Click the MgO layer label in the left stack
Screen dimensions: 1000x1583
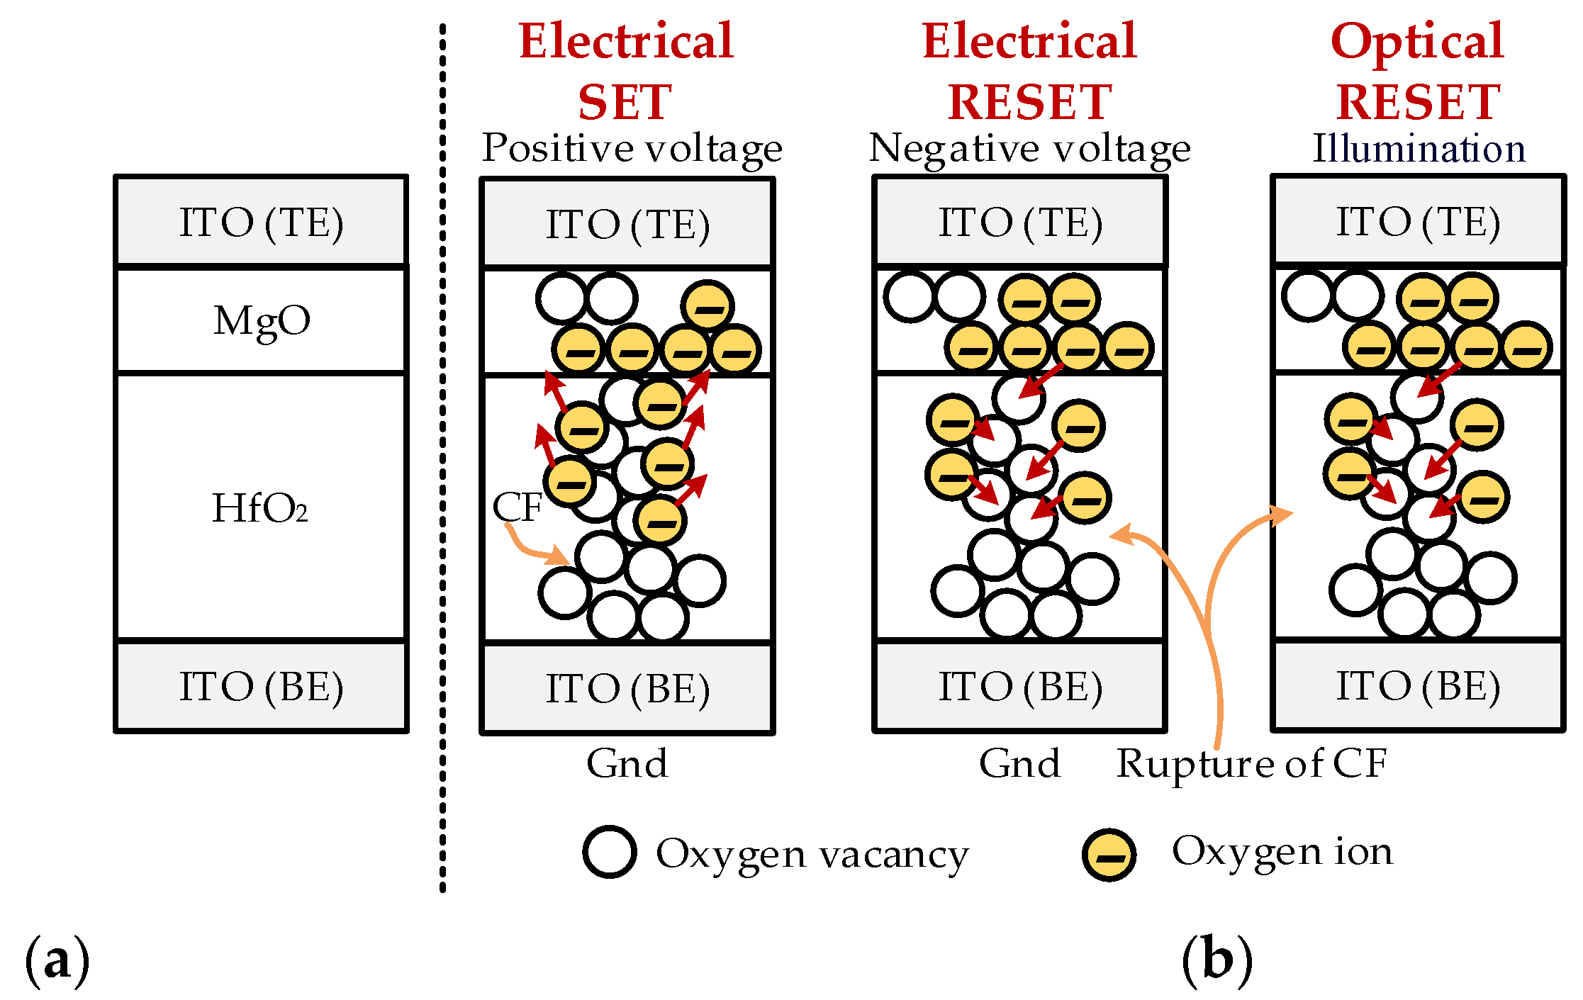[x=262, y=321]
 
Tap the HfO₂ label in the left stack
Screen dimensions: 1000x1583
[x=260, y=508]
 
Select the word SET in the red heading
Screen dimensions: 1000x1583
[x=625, y=102]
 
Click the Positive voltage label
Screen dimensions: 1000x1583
[x=632, y=149]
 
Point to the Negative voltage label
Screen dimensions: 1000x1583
[x=1029, y=149]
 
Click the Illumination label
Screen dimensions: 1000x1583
[x=1419, y=149]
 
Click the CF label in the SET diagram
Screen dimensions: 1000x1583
[x=517, y=507]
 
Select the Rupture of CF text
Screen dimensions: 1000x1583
[x=1251, y=764]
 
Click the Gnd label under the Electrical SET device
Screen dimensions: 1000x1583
[x=627, y=764]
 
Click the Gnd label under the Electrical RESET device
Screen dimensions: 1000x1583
[x=1019, y=764]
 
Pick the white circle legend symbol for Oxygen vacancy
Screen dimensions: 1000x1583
[x=609, y=852]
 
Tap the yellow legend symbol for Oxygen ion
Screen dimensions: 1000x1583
[x=1109, y=854]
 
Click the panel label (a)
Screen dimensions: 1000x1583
[x=57, y=961]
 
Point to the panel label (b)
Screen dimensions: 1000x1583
[x=1216, y=960]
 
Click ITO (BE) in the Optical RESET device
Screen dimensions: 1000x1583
[x=1418, y=686]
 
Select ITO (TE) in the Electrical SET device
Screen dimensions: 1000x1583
[x=627, y=225]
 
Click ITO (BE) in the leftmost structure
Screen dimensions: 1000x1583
[x=261, y=687]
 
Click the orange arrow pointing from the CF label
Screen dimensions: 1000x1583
[x=532, y=549]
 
